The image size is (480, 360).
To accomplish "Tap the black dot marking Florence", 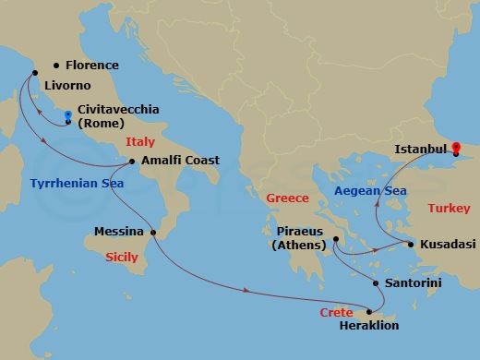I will pyautogui.click(x=57, y=65).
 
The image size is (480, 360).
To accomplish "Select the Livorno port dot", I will pyautogui.click(x=35, y=73).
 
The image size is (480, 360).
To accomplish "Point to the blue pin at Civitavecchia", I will pyautogui.click(x=68, y=117).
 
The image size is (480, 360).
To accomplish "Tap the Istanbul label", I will pyautogui.click(x=421, y=148).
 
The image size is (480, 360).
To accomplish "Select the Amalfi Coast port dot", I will pyautogui.click(x=133, y=162).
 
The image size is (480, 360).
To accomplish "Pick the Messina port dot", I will pyautogui.click(x=153, y=232).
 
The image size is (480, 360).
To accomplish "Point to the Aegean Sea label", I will pyautogui.click(x=369, y=190).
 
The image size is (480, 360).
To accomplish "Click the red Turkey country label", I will pyautogui.click(x=450, y=209).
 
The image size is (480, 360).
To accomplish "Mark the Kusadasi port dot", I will pyautogui.click(x=411, y=244).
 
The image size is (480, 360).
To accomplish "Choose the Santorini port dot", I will pyautogui.click(x=376, y=282).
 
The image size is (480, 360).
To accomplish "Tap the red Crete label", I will pyautogui.click(x=337, y=314).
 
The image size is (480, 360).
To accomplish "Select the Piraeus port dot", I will pyautogui.click(x=335, y=240).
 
